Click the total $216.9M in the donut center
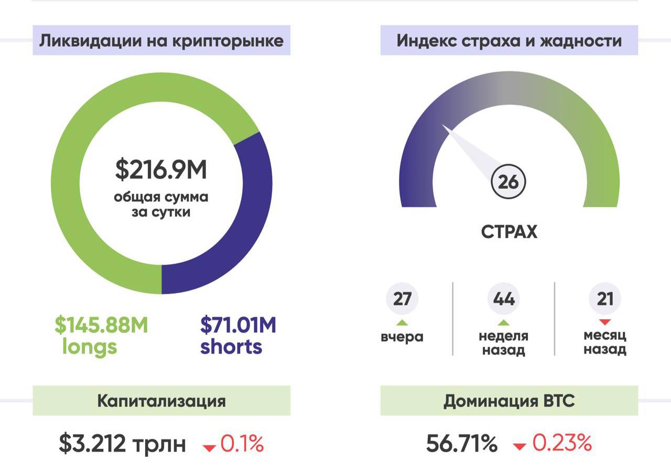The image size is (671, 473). [161, 170]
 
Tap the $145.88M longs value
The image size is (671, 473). [101, 326]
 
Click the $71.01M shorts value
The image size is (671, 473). [238, 326]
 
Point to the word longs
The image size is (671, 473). [89, 347]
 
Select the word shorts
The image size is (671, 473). [231, 347]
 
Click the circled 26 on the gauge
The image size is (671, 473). [508, 182]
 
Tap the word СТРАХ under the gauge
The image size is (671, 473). [509, 232]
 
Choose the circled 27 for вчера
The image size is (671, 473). [402, 299]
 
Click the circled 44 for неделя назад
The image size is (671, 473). [504, 299]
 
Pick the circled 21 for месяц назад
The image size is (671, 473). [605, 299]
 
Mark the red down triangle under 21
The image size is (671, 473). [605, 321]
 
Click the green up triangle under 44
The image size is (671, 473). [504, 322]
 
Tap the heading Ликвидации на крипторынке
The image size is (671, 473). [161, 41]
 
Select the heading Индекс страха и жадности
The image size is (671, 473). [509, 41]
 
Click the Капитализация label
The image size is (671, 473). [161, 401]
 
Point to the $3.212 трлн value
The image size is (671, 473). [122, 444]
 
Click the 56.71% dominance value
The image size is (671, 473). [461, 444]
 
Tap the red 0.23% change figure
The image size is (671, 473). [562, 444]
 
